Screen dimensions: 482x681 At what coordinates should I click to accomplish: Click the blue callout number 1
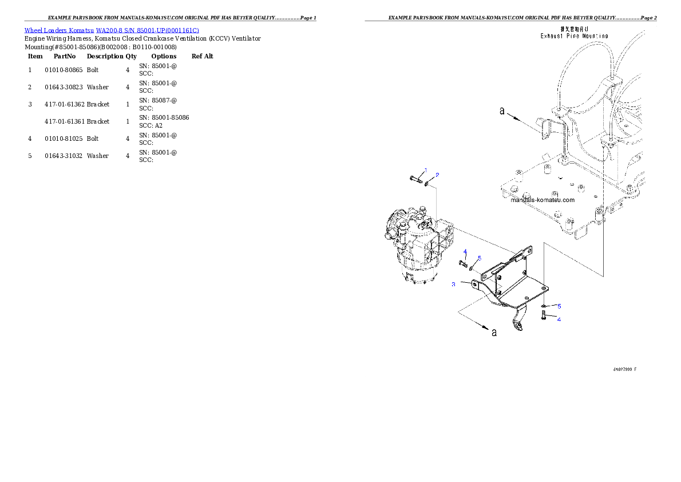coord(425,170)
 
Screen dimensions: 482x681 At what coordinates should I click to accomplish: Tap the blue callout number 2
coord(437,175)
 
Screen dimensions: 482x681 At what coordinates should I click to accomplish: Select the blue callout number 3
coord(453,285)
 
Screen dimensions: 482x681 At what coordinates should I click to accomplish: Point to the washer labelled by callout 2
coord(427,184)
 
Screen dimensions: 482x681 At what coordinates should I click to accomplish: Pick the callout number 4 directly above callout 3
coord(465,252)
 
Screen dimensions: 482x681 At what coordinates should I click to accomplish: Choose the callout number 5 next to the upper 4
coord(480,258)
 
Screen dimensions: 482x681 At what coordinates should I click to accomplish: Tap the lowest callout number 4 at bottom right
coord(559,319)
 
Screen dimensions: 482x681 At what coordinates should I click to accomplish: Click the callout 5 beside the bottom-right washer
coord(559,306)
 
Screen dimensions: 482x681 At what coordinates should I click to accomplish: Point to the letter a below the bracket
coord(494,333)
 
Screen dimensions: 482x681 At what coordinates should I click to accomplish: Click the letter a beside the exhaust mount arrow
coord(502,111)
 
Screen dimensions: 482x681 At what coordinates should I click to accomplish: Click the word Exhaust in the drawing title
coord(553,35)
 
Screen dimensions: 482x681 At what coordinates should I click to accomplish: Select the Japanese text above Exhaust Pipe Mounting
coord(575,28)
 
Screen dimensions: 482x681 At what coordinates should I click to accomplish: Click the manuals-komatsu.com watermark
coord(542,200)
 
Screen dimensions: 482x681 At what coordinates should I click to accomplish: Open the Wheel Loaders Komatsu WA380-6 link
coord(112,30)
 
